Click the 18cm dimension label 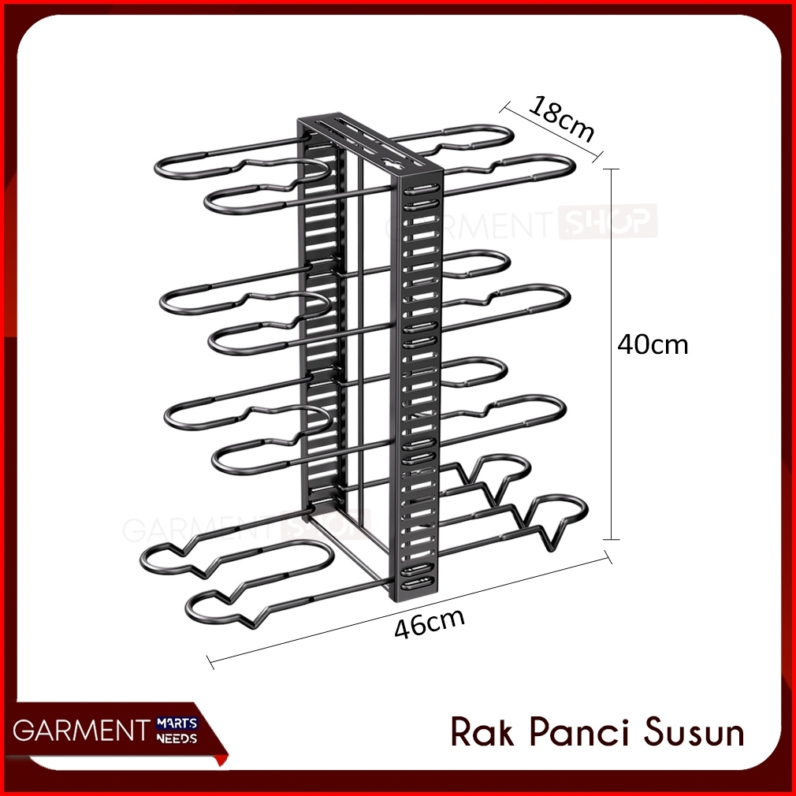561,117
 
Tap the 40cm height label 652,344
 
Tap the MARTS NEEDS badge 178,729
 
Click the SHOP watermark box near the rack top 607,221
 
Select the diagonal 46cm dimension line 410,611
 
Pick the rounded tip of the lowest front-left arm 194,608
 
